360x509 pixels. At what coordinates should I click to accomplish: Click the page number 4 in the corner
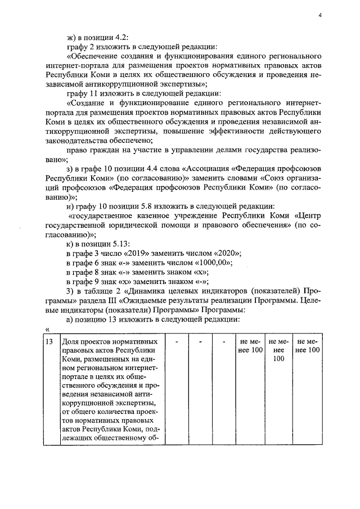tap(319, 16)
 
